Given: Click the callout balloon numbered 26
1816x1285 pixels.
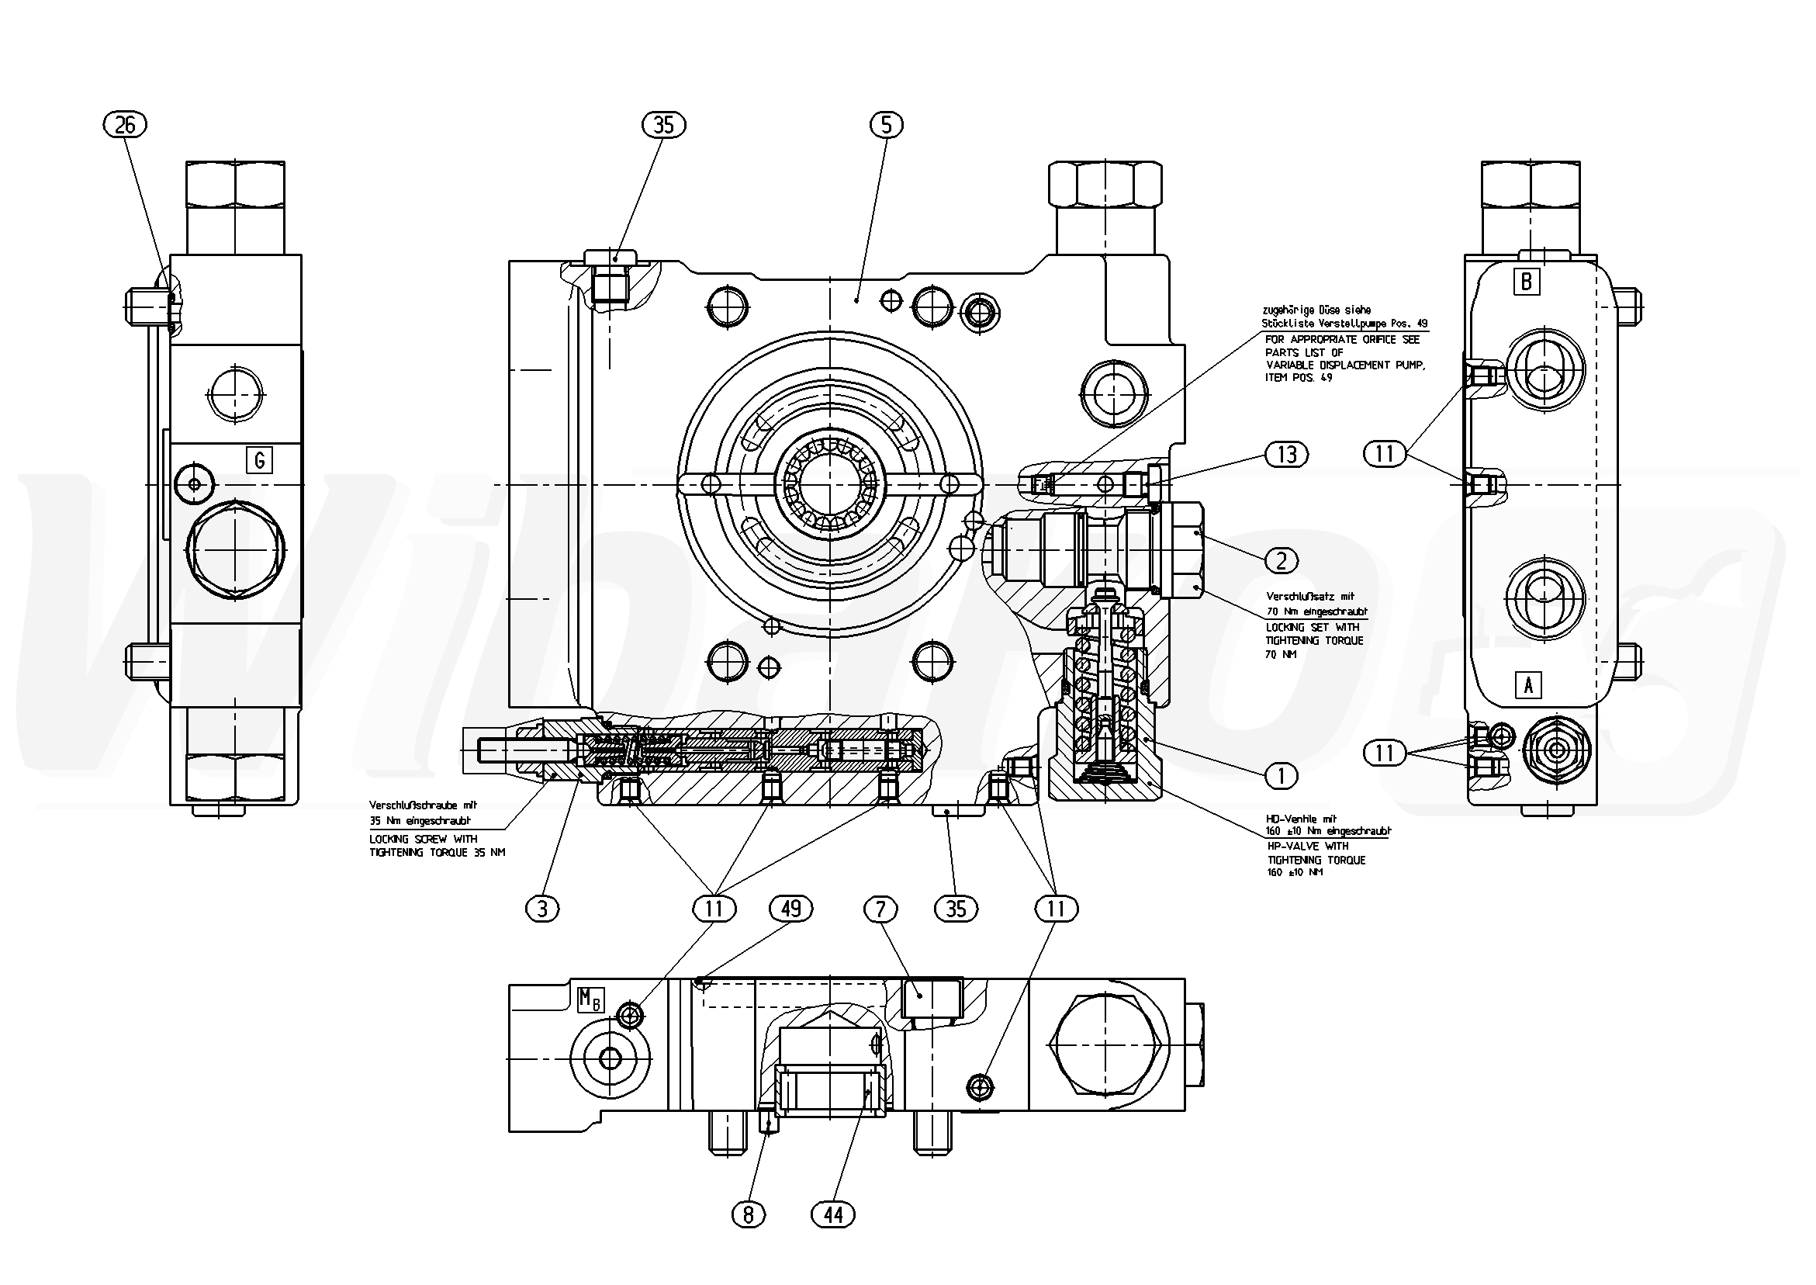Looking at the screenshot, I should point(125,125).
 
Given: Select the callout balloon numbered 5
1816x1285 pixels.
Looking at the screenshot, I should point(886,125).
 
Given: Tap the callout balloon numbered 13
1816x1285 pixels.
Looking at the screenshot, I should point(1287,454).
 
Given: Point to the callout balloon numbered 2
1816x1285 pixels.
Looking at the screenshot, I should point(1282,560).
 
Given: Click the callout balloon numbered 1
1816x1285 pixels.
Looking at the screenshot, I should point(1282,776).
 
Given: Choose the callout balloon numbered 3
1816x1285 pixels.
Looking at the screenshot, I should point(541,909).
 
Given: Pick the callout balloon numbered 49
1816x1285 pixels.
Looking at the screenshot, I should point(791,909).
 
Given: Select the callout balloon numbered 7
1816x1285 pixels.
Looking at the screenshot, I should point(880,909).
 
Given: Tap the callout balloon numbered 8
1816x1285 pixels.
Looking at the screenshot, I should point(749,1214).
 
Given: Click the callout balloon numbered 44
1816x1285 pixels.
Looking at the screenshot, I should point(834,1214).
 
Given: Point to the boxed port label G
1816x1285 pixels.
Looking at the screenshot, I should point(259,459).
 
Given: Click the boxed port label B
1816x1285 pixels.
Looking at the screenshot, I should point(1527,282).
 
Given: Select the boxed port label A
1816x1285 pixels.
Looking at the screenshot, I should point(1528,684).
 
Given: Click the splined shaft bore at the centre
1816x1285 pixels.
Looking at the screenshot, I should point(828,483).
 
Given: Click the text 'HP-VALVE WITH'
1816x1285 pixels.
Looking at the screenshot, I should point(1306,847).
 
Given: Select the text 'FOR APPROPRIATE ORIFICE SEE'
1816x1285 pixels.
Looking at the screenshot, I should point(1342,339).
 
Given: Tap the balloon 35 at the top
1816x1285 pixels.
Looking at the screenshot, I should point(663,125).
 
